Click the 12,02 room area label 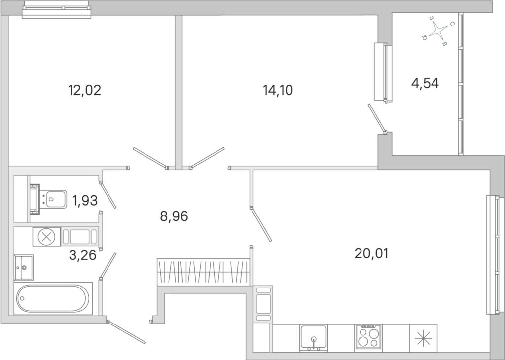84,90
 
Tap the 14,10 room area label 278,90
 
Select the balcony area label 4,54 425,83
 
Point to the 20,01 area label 371,253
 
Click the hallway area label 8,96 174,216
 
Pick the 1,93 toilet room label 85,201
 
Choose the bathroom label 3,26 83,255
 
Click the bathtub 53,298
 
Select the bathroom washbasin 24,268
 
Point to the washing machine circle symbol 46,237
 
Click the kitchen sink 314,338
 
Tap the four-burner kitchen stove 368,337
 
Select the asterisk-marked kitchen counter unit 423,338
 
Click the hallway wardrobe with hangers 203,272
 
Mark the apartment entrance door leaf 127,332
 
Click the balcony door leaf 377,118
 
